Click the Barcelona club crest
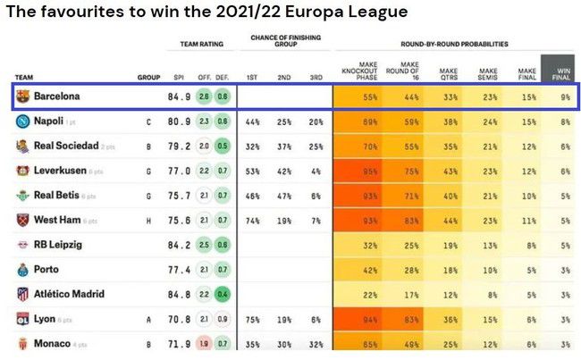[x=22, y=96]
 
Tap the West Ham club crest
[x=22, y=220]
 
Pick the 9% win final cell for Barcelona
[x=565, y=96]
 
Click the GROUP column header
[x=148, y=78]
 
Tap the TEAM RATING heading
[x=201, y=44]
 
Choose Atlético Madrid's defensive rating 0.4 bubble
[x=221, y=294]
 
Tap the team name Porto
[x=46, y=269]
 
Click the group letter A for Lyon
[x=148, y=319]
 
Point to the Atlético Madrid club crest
[x=22, y=294]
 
